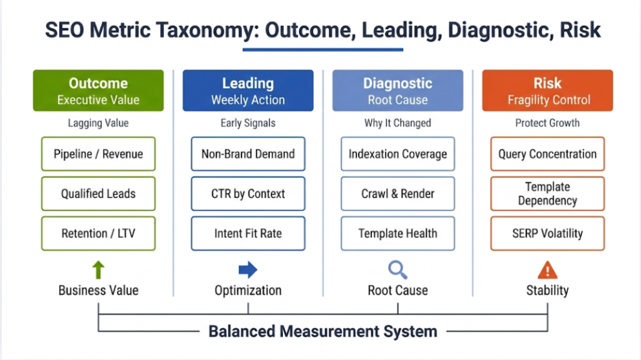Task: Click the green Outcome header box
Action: click(98, 91)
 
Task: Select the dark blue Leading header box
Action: click(248, 91)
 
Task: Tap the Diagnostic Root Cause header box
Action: click(397, 91)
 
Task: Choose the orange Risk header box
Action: click(547, 91)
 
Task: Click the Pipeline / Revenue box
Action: click(98, 154)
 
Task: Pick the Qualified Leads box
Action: click(98, 193)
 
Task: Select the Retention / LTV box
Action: click(98, 234)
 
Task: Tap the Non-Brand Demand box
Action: click(248, 154)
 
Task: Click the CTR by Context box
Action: click(248, 193)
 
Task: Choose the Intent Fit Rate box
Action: click(248, 234)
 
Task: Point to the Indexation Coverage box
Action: click(397, 154)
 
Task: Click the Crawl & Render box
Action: click(397, 193)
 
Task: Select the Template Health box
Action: click(397, 234)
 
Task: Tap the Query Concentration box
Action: click(547, 154)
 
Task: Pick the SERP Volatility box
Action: click(547, 234)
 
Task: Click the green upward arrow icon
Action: click(98, 270)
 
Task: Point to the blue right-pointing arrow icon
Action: click(248, 270)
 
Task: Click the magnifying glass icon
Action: click(397, 270)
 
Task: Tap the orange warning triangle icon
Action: click(547, 270)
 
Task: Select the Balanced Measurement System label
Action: click(322, 331)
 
